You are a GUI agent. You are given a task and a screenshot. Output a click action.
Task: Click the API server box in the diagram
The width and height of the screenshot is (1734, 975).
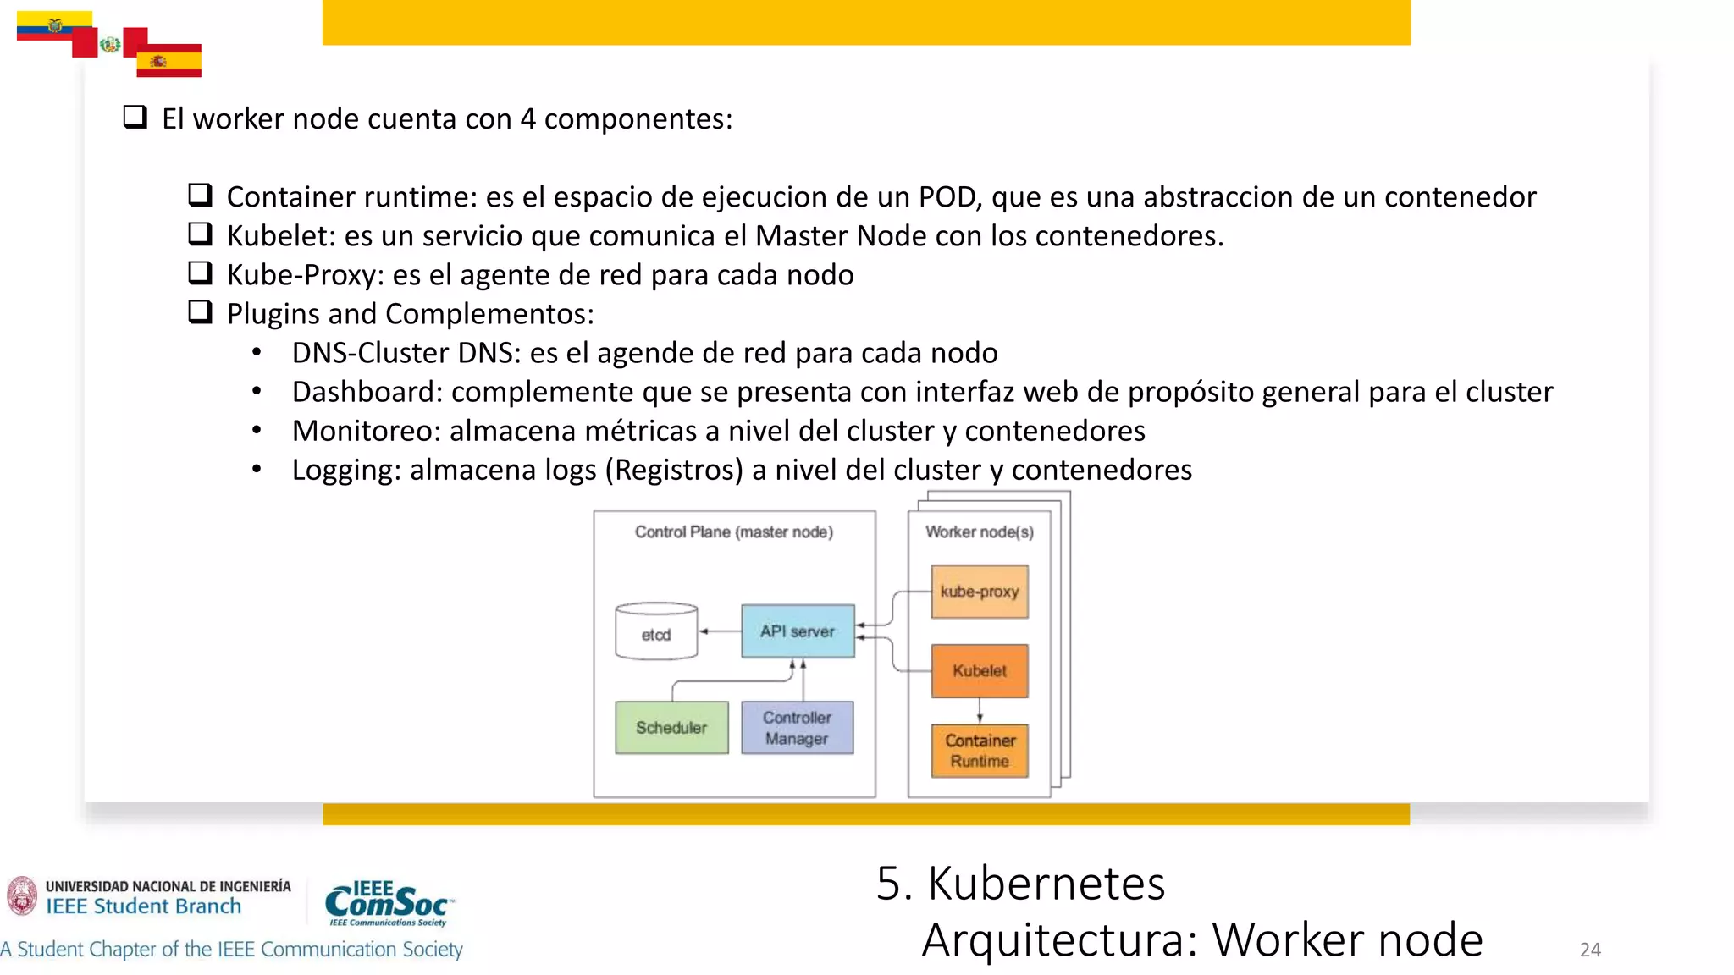pyautogui.click(x=798, y=631)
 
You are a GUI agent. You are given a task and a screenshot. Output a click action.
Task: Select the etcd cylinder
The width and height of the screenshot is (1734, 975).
pyautogui.click(x=656, y=632)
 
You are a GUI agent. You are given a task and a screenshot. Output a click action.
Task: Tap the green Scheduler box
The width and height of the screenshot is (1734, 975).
pyautogui.click(x=671, y=728)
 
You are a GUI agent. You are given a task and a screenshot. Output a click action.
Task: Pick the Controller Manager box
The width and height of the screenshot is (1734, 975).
pyautogui.click(x=798, y=728)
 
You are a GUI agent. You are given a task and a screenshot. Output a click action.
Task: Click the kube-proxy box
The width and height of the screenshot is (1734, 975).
pyautogui.click(x=980, y=592)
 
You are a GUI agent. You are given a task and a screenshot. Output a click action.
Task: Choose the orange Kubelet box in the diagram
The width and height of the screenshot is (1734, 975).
pyautogui.click(x=980, y=671)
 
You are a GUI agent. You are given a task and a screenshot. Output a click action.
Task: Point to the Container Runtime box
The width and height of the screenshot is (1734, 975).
pyautogui.click(x=980, y=751)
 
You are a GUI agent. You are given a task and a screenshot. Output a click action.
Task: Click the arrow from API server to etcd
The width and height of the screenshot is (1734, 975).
pyautogui.click(x=720, y=631)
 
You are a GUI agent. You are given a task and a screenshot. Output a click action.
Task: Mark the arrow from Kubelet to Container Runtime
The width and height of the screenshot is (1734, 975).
pyautogui.click(x=980, y=711)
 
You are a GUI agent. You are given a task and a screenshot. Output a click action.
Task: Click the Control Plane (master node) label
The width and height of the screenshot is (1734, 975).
pyautogui.click(x=734, y=532)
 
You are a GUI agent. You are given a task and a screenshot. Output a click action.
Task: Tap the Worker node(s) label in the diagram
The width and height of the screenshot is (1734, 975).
pyautogui.click(x=980, y=532)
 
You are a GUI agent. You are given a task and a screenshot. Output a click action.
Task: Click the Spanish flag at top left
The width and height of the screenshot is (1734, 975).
pyautogui.click(x=168, y=60)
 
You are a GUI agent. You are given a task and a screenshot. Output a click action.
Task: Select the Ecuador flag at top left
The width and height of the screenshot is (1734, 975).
pyautogui.click(x=54, y=25)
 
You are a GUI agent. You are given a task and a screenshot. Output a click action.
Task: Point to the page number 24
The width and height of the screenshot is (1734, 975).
pyautogui.click(x=1590, y=950)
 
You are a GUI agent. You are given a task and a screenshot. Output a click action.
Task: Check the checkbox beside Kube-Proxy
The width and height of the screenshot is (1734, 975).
pyautogui.click(x=200, y=273)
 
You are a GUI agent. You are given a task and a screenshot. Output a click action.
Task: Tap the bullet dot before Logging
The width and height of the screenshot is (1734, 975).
pyautogui.click(x=257, y=469)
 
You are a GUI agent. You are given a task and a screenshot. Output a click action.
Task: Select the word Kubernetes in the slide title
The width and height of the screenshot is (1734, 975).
pyautogui.click(x=1046, y=884)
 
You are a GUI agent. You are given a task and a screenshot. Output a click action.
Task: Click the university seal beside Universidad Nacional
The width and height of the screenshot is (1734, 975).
pyautogui.click(x=22, y=895)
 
